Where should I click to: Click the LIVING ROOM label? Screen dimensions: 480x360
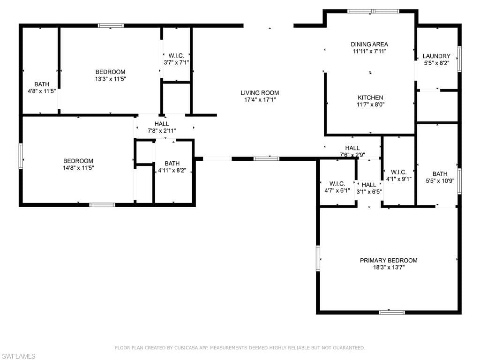point(260,93)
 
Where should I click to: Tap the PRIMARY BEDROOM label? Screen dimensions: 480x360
point(389,261)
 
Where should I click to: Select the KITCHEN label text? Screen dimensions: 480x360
point(370,97)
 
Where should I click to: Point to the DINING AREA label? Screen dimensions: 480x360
point(369,45)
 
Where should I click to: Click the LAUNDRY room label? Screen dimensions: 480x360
point(436,56)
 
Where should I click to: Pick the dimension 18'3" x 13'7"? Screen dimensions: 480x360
point(389,268)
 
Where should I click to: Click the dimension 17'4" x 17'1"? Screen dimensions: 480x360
point(260,100)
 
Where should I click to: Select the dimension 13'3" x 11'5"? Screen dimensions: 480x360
point(111,79)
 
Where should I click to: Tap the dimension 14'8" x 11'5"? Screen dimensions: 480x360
point(78,168)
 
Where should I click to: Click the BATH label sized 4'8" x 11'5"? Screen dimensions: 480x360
point(42,84)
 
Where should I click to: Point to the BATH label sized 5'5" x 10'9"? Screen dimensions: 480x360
point(440,174)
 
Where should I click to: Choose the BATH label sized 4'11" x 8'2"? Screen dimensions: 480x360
point(172,164)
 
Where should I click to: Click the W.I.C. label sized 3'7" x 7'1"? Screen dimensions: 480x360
point(176,56)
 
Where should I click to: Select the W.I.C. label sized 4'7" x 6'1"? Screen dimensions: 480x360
point(337,184)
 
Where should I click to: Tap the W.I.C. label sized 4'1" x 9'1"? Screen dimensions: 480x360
point(398,172)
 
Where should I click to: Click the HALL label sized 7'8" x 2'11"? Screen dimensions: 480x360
point(162,124)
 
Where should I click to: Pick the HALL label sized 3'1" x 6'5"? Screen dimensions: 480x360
point(369,185)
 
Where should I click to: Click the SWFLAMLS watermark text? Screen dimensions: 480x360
point(18,356)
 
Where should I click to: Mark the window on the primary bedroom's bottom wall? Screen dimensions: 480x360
point(392,313)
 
